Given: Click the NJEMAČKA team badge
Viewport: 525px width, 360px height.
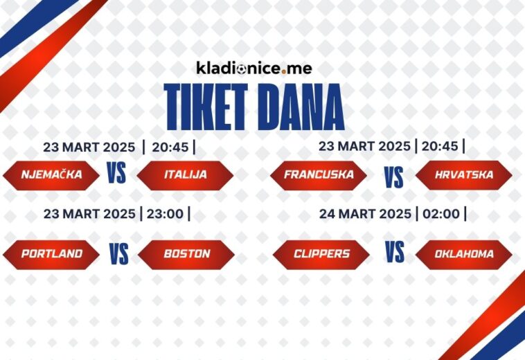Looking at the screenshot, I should pos(51,175).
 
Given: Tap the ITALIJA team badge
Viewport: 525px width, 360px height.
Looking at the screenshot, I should pos(186,175).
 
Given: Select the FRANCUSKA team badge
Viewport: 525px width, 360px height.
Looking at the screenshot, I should pos(319,175).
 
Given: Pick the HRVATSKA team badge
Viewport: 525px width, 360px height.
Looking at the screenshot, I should pos(464,175).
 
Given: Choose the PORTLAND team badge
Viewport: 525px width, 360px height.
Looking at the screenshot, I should pos(51,254).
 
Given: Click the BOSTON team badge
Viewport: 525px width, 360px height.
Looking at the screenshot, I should pos(186,254).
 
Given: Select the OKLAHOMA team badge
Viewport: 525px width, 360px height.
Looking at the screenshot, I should pos(464,254).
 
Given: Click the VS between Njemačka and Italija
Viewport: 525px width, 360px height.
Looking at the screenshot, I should pos(117,173).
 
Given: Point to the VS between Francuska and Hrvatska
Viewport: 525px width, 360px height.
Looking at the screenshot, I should pos(394,178).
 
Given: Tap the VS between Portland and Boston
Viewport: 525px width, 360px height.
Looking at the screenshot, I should pos(118,254).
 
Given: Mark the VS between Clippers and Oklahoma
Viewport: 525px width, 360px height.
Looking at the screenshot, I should pos(395,253).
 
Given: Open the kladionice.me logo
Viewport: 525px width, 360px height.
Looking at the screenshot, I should pos(253,68).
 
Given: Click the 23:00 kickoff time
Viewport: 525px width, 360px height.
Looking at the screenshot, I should pos(165,214).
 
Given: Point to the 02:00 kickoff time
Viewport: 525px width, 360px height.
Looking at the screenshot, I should pos(441,214).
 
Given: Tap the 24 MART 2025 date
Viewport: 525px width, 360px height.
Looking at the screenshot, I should pos(365,214).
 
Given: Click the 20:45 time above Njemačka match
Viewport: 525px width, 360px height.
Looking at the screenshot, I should pos(170,147).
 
